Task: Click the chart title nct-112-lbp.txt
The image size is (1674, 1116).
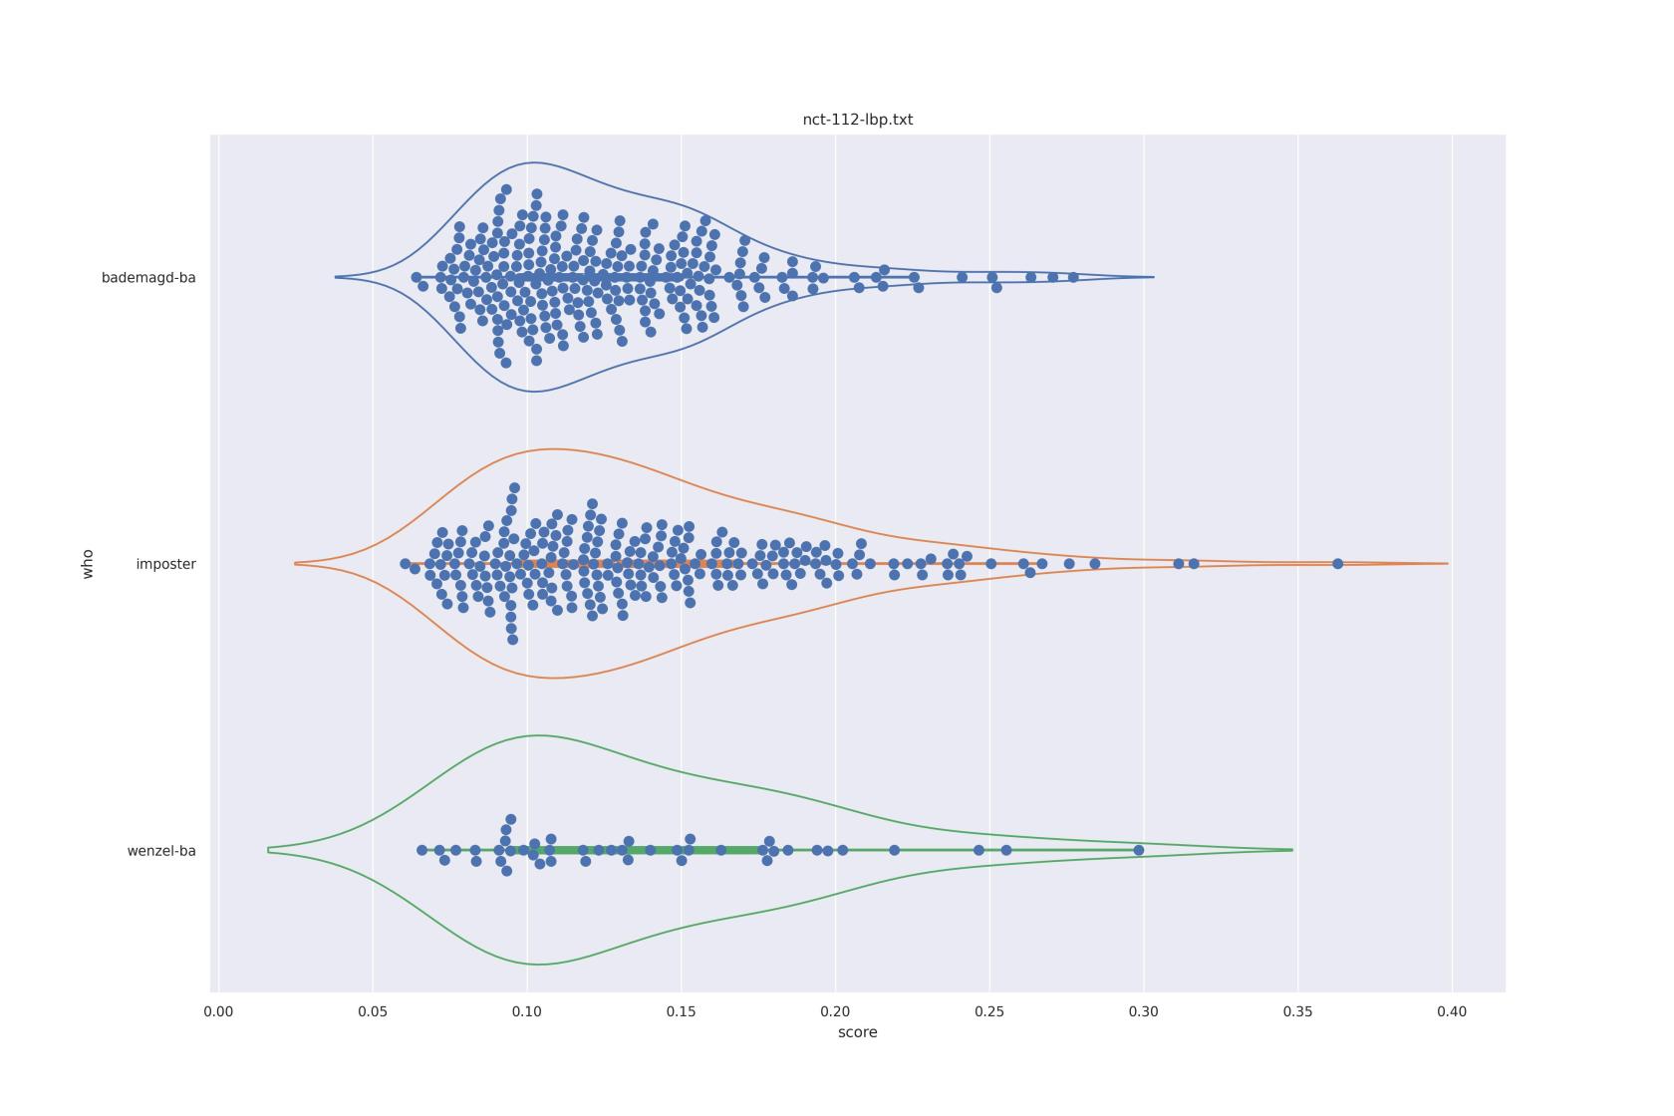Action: (x=857, y=120)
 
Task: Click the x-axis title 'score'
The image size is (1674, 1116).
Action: (x=857, y=1032)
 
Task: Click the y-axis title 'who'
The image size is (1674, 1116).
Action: (x=88, y=563)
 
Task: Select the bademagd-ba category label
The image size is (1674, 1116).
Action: (x=148, y=278)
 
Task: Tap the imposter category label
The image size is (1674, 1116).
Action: (x=165, y=564)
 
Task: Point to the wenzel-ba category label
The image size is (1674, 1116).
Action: (x=161, y=851)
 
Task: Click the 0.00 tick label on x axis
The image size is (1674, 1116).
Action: (x=218, y=1011)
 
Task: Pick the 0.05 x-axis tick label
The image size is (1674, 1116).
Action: (x=373, y=1011)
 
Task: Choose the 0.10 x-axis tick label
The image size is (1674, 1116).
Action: (x=527, y=1011)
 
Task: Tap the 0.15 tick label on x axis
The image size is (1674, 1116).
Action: (x=682, y=1011)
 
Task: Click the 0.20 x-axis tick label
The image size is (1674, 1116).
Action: (x=835, y=1011)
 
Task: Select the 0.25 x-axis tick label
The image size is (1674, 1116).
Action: (x=989, y=1011)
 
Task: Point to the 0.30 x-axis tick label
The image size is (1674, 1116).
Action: (x=1144, y=1011)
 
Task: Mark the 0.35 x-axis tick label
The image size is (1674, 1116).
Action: (x=1297, y=1011)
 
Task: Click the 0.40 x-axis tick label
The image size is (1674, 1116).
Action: (x=1452, y=1011)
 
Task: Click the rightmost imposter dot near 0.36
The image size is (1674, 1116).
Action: (x=1337, y=564)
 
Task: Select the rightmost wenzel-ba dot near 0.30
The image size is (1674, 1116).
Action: (x=1139, y=850)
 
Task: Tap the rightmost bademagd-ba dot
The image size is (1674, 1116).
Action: (x=1073, y=278)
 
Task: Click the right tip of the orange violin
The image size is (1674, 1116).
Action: (x=1447, y=564)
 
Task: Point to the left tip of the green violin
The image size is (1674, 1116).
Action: (x=269, y=850)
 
